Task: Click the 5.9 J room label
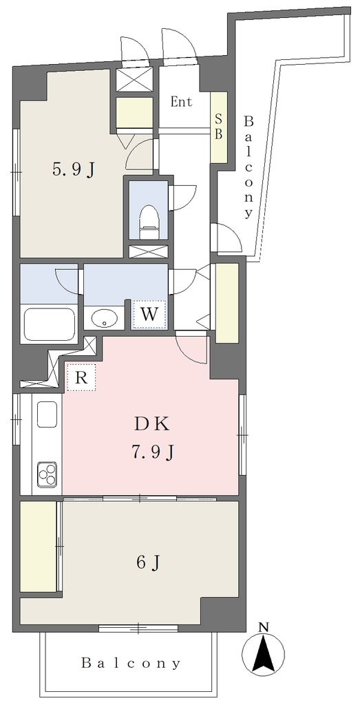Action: (x=74, y=169)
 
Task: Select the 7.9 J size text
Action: (x=152, y=452)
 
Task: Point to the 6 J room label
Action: (x=149, y=562)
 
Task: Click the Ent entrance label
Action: (x=181, y=102)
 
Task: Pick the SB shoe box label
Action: (x=218, y=127)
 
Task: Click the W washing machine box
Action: (x=149, y=314)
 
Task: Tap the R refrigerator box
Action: (x=81, y=377)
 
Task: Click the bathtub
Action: (x=50, y=324)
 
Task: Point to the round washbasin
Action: (x=104, y=318)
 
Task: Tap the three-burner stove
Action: (x=47, y=474)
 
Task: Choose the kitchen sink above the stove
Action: (x=47, y=414)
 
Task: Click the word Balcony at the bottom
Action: (x=131, y=663)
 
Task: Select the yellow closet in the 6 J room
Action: (x=38, y=547)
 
